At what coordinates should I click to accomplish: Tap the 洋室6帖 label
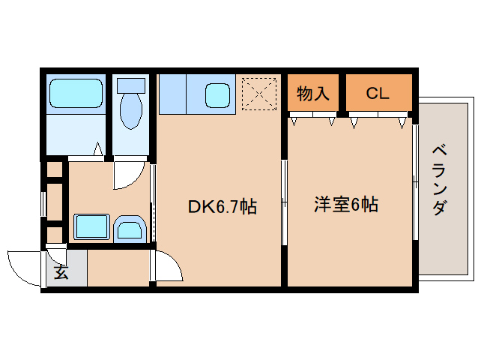pos(345,205)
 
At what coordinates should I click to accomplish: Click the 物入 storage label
pos(313,94)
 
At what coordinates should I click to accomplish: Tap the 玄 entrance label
pos(61,273)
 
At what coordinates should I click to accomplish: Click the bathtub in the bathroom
pos(75,94)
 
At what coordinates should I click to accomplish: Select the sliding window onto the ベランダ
pos(414,180)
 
